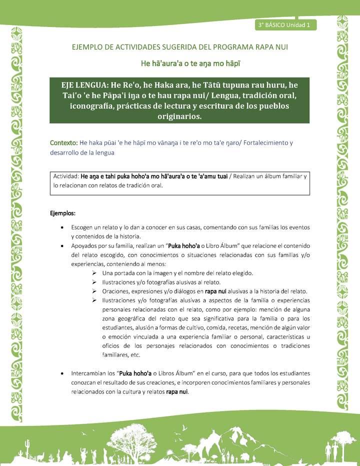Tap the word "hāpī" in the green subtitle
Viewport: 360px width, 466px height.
pos(233,64)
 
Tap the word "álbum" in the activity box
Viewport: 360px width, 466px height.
pos(271,176)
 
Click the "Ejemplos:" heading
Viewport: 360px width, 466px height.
pos(62,213)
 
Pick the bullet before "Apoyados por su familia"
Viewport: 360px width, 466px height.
pos(61,246)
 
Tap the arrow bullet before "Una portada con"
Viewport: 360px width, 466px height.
pos(94,273)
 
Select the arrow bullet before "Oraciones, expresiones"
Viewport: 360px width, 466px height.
pos(94,291)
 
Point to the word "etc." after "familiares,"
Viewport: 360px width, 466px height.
pos(133,355)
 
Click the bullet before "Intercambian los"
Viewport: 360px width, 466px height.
pos(61,373)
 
